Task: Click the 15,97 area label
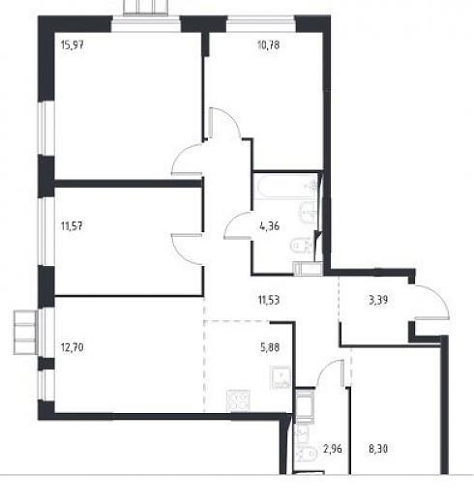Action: coord(73,44)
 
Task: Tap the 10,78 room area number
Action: coord(268,44)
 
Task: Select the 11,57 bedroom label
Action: coord(72,226)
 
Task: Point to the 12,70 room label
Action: coord(73,347)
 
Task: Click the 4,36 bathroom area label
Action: coord(269,226)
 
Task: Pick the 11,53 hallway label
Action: coord(269,300)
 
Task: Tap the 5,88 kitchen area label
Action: coord(270,347)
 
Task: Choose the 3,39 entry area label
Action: coord(378,300)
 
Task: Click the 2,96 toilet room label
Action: coord(333,449)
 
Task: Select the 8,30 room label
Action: coord(378,449)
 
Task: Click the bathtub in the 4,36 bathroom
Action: coord(285,187)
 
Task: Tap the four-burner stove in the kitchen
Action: coord(238,400)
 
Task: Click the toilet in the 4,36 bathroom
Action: coord(302,246)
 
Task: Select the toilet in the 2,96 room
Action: coord(306,454)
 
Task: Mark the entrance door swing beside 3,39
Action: coord(432,303)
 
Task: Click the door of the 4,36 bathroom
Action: coord(238,225)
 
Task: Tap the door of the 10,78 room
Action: coord(224,123)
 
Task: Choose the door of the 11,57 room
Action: coord(187,249)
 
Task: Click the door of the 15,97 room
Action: coord(187,160)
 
